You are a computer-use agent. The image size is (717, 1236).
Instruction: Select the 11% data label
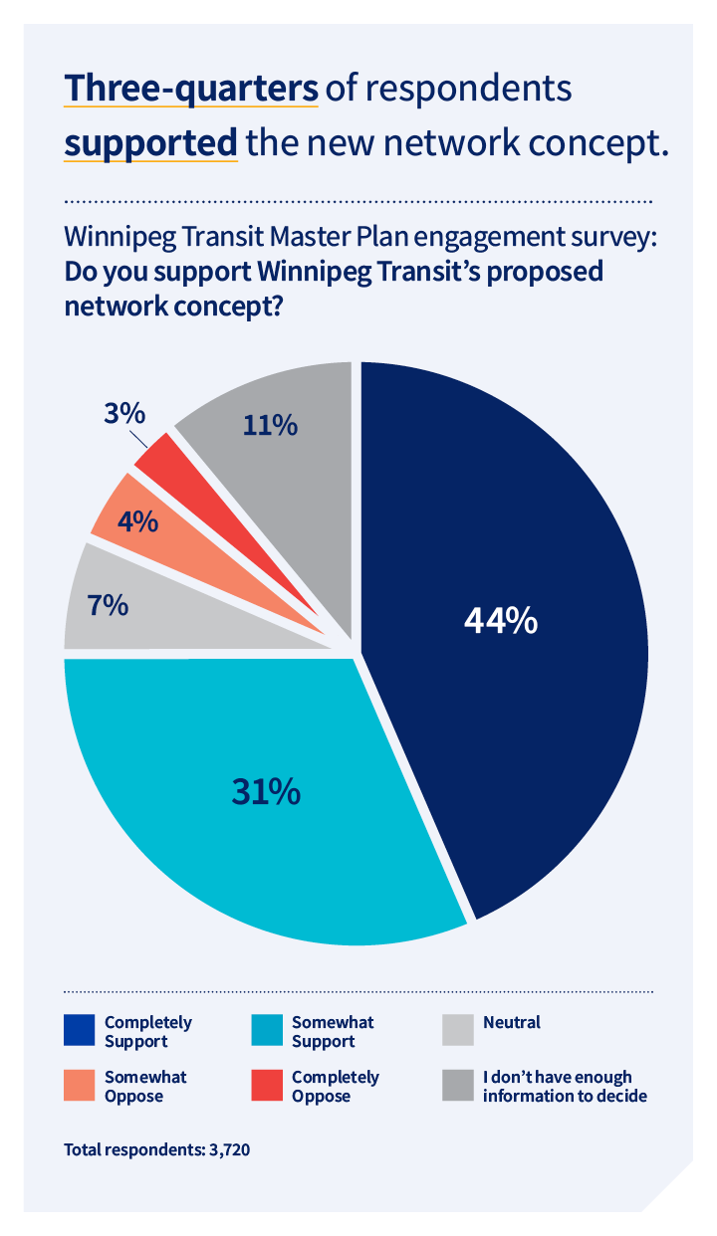click(270, 425)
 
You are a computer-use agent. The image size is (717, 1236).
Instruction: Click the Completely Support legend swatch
click(80, 1032)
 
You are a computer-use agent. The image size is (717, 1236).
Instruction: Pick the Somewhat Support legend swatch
click(267, 1032)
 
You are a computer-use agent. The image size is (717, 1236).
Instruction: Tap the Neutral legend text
click(511, 1022)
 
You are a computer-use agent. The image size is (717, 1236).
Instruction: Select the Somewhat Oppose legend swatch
click(80, 1087)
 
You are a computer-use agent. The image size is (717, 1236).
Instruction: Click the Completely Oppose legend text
click(335, 1087)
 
